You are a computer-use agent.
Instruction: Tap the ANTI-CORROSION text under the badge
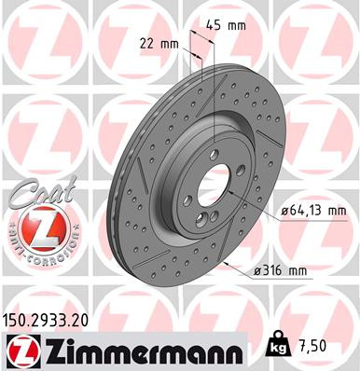[x=38, y=254]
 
